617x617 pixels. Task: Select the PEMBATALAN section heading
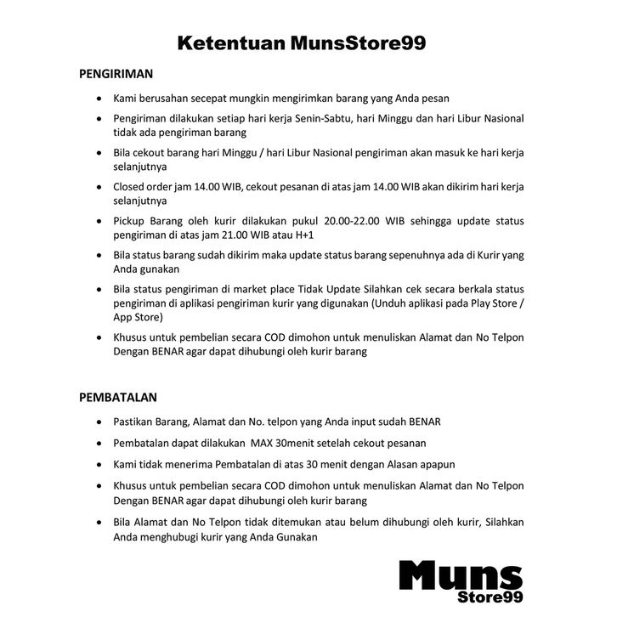(118, 397)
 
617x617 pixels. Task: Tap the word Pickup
(131, 221)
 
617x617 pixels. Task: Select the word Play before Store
(473, 303)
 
